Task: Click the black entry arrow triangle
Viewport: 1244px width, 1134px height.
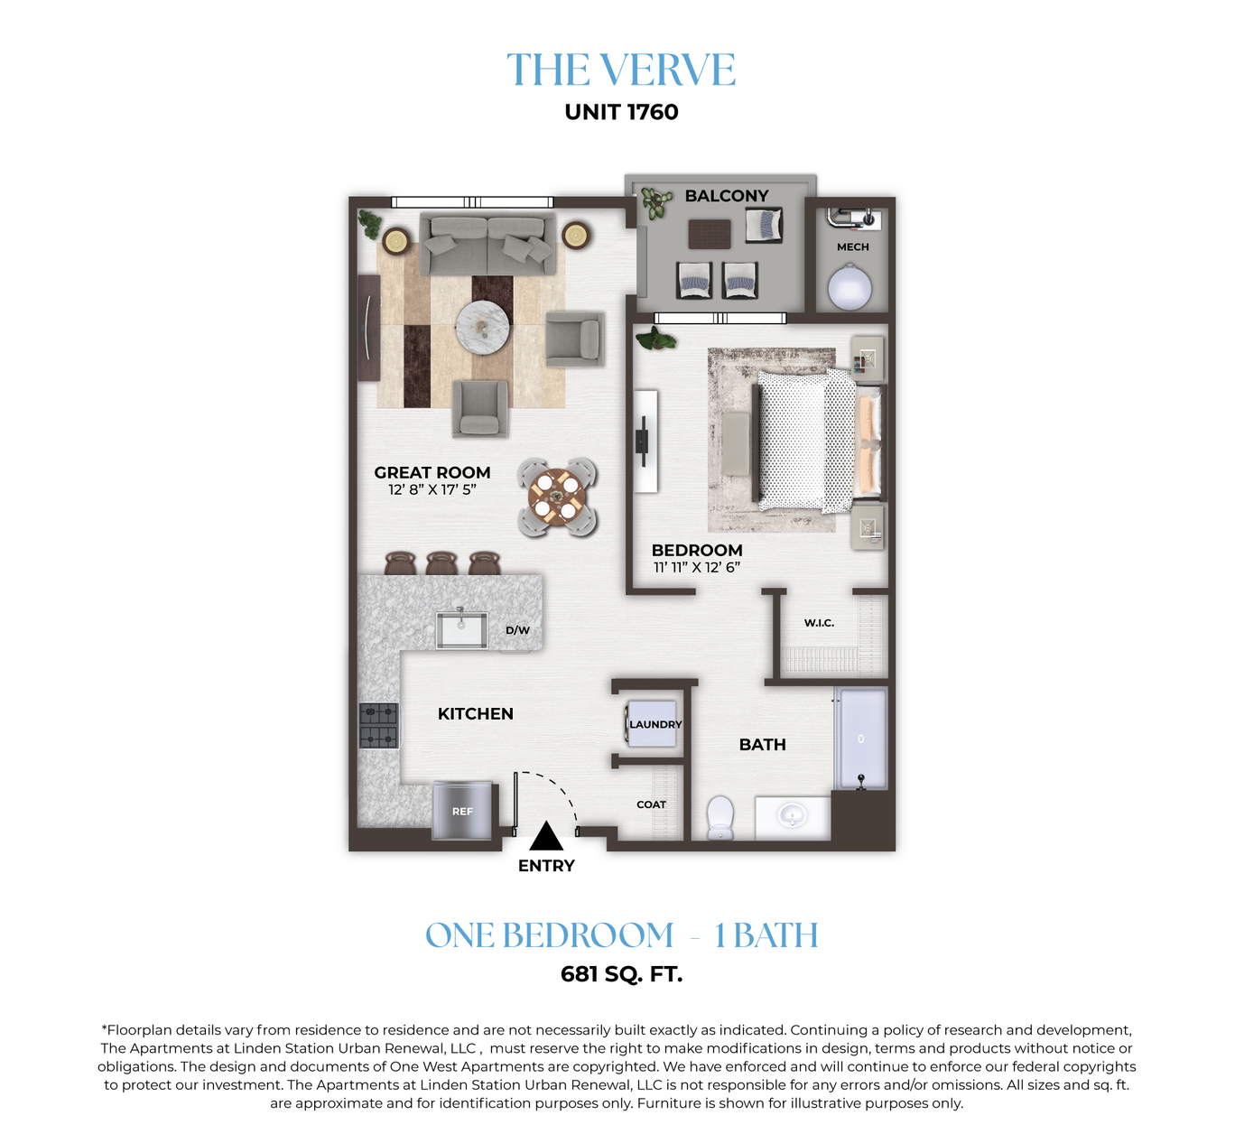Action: [546, 836]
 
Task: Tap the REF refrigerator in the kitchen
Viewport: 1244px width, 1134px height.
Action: [462, 810]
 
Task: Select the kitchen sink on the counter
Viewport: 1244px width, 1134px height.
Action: [461, 629]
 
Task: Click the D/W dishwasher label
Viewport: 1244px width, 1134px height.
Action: [517, 630]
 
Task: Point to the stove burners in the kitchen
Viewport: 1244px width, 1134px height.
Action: [378, 726]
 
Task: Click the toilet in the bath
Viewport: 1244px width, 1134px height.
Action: [720, 817]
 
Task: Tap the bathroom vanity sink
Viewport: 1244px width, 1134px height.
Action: [793, 817]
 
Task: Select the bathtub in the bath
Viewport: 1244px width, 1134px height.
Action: [860, 739]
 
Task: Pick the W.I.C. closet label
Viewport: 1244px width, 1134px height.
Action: [819, 623]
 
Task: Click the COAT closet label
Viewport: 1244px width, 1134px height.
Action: [651, 804]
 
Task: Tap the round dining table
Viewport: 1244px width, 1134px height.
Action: [557, 497]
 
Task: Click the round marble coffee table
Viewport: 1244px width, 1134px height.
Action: [482, 328]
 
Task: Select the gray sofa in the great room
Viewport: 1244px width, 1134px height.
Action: [487, 245]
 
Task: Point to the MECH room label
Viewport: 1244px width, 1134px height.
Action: [853, 246]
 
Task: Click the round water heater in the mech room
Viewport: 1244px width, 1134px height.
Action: [849, 287]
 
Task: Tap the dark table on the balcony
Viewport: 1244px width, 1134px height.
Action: [710, 234]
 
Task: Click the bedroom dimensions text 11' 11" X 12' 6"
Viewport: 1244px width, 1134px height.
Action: [696, 567]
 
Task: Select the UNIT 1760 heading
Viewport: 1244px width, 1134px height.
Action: [621, 112]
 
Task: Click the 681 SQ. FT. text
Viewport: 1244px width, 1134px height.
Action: [621, 974]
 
